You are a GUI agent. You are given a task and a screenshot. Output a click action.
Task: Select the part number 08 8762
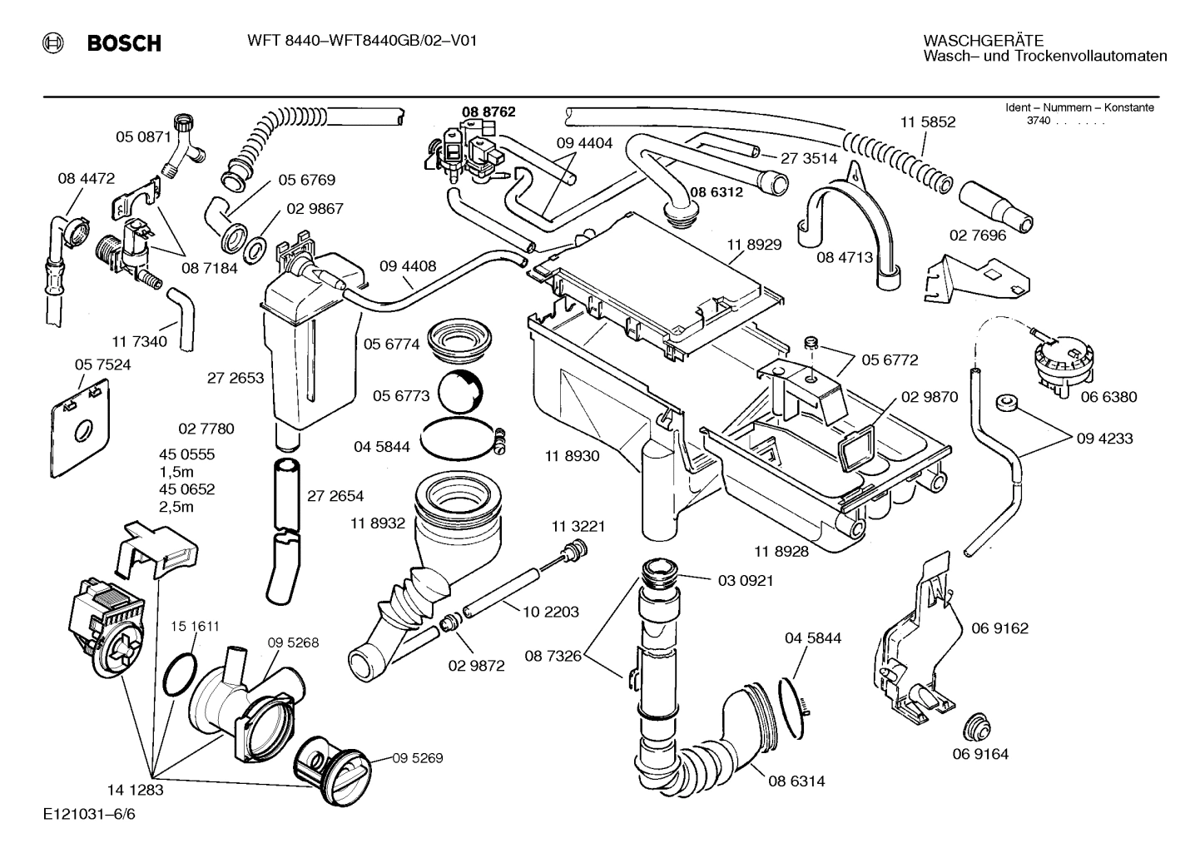(488, 112)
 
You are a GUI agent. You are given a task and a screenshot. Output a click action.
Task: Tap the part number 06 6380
(1108, 397)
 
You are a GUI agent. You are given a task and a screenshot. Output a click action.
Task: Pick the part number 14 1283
(135, 789)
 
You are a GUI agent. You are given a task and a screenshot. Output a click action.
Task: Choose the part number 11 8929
(753, 244)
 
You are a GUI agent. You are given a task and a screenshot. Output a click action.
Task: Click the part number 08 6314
(796, 781)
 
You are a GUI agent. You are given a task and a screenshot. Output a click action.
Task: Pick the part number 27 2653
(236, 377)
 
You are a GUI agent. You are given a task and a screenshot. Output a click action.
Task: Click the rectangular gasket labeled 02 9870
(855, 449)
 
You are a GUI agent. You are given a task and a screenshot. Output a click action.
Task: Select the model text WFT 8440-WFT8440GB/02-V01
(362, 41)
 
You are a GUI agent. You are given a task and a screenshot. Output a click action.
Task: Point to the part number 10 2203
(551, 612)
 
